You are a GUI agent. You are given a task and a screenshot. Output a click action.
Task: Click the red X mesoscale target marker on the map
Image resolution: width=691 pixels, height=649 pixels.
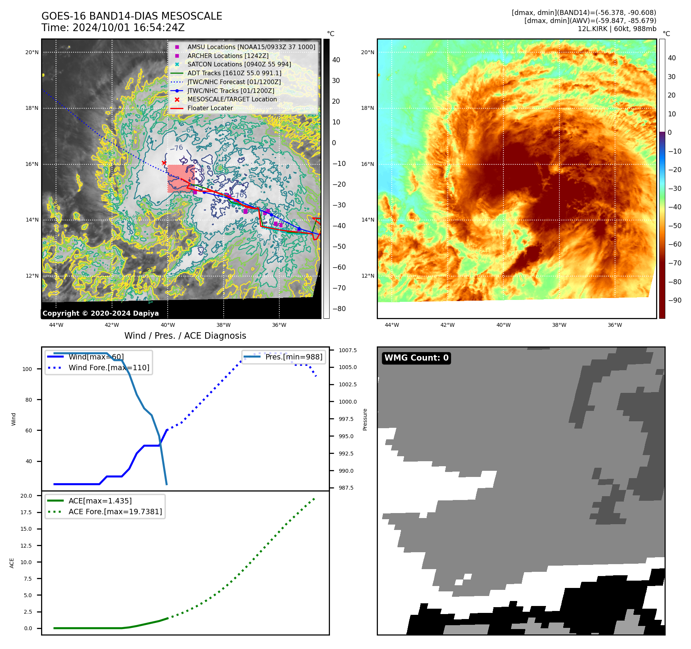coord(164,163)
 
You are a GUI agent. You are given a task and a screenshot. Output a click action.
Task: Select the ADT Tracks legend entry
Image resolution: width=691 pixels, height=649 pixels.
coord(234,73)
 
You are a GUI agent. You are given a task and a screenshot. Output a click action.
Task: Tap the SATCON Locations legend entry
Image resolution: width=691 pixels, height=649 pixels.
coord(239,64)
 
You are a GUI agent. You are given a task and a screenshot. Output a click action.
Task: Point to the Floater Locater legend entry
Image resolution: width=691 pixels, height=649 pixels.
coord(210,108)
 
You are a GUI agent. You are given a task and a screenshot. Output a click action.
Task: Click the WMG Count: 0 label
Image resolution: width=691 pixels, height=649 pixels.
coord(416,358)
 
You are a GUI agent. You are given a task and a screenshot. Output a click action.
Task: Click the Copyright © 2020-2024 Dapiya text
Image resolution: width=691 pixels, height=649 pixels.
coord(101,313)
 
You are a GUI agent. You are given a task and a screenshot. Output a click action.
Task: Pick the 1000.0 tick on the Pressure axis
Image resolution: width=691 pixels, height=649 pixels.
coord(348,402)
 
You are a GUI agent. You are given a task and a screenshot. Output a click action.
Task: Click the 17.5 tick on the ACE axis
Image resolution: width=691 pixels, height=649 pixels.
coord(26,512)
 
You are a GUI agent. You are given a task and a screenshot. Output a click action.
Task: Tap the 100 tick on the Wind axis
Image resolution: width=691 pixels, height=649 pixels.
coord(27,369)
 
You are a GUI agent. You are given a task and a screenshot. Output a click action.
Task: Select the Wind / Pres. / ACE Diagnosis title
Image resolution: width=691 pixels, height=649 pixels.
coord(185,336)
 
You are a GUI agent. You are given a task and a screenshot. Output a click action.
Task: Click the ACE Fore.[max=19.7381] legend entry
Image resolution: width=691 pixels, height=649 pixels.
coord(115,512)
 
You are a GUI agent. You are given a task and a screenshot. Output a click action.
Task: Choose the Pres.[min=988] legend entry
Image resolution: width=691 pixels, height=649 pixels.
coord(294,357)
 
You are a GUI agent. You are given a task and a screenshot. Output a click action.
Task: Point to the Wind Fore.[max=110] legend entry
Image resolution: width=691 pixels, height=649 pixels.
coord(109,368)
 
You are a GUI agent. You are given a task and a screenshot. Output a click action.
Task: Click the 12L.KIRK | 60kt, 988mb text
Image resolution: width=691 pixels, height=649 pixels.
coord(617,29)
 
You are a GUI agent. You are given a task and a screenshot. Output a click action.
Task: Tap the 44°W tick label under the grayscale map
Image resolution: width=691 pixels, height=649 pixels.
coord(56,325)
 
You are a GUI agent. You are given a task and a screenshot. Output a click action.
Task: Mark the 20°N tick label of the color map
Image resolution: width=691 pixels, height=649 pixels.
coord(368,52)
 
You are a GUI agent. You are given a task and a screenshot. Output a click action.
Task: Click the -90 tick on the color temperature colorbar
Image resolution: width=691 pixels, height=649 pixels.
coord(675,300)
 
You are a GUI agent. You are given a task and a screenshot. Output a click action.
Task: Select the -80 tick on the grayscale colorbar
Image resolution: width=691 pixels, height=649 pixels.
coord(339,309)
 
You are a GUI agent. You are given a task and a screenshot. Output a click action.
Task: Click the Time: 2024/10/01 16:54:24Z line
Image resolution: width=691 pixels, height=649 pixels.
coord(113,28)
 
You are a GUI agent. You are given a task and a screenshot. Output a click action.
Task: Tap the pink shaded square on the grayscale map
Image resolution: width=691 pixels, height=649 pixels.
coord(181,179)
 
